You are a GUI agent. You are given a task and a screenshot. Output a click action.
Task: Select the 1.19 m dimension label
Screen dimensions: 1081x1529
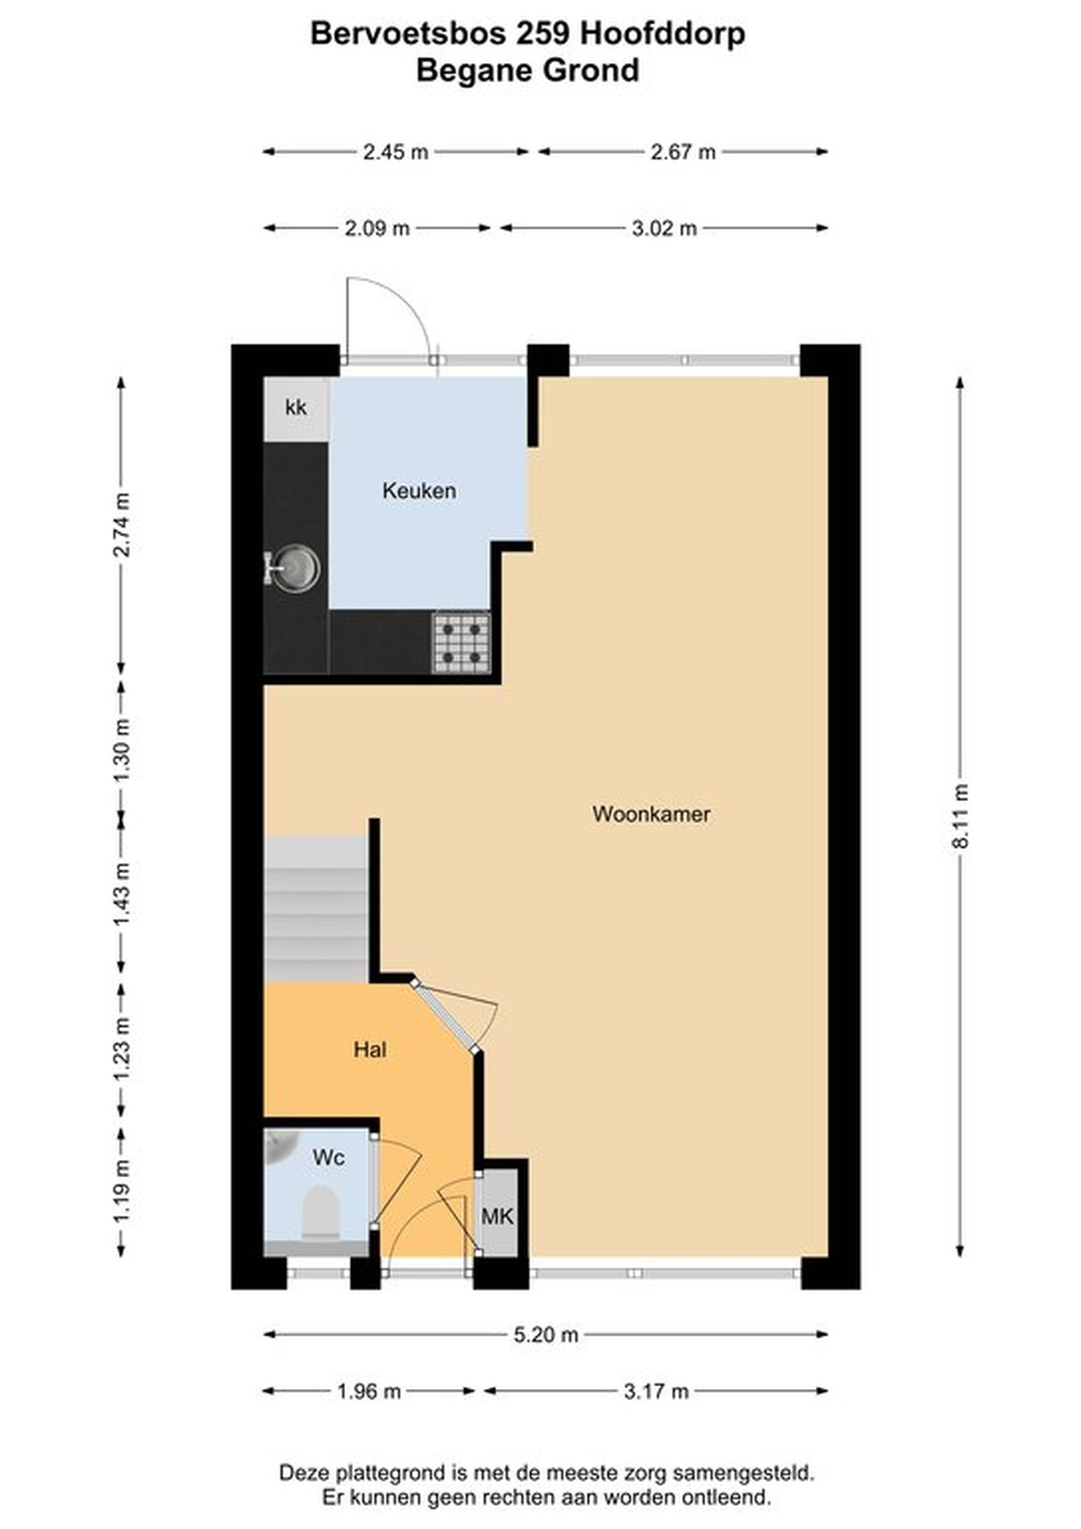click(x=121, y=1190)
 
